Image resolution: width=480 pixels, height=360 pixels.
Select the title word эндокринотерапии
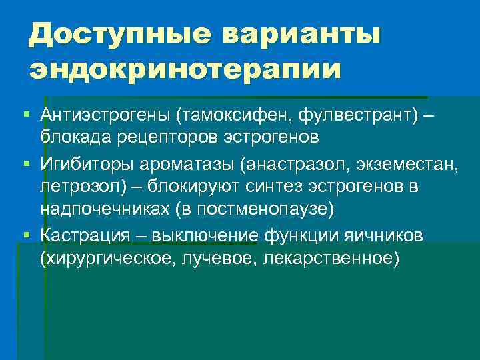click(x=185, y=69)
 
